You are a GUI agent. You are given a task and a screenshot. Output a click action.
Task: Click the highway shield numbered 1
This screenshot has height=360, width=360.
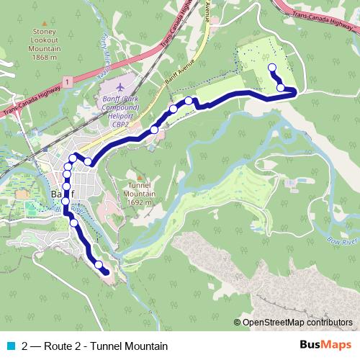(x=66, y=84)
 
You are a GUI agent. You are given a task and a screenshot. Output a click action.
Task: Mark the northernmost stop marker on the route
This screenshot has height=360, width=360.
(x=272, y=68)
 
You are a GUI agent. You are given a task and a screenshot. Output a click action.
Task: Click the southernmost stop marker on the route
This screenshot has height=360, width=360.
(x=99, y=265)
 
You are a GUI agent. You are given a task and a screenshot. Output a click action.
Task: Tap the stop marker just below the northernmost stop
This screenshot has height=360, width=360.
(x=281, y=88)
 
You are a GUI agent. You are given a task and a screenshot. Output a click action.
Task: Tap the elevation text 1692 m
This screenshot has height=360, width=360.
(x=139, y=203)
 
